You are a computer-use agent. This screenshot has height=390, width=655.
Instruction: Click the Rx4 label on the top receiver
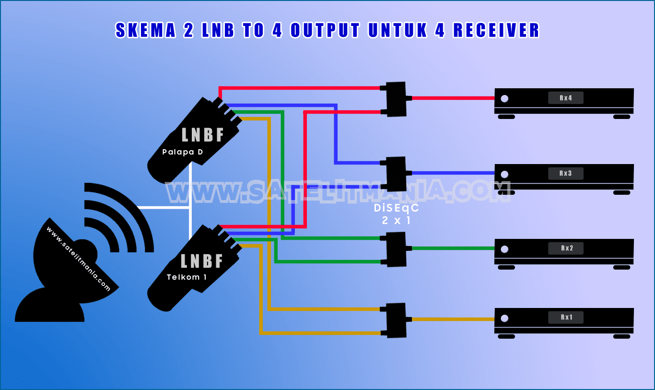[x=566, y=98]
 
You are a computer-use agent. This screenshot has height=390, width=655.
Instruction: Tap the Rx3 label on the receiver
[x=566, y=173]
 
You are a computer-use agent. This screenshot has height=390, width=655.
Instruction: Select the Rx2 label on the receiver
[x=566, y=248]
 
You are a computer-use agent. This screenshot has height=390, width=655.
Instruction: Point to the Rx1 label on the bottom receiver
[x=566, y=318]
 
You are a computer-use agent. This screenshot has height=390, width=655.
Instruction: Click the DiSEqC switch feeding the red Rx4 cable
[x=397, y=99]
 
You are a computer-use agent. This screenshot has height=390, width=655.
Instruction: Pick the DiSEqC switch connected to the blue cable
[x=397, y=173]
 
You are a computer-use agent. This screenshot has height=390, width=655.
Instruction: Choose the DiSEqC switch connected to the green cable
[x=397, y=249]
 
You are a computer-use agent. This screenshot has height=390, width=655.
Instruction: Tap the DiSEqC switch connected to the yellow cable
[x=397, y=319]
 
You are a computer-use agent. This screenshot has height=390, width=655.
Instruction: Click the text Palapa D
[x=182, y=153]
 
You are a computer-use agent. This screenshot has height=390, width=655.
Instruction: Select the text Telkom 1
[x=187, y=277]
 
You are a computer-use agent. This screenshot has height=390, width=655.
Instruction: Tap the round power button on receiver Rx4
[x=504, y=99]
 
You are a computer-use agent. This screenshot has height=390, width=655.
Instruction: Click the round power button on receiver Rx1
[x=504, y=318]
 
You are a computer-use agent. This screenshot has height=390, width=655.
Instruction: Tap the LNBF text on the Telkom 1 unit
[x=202, y=261]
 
